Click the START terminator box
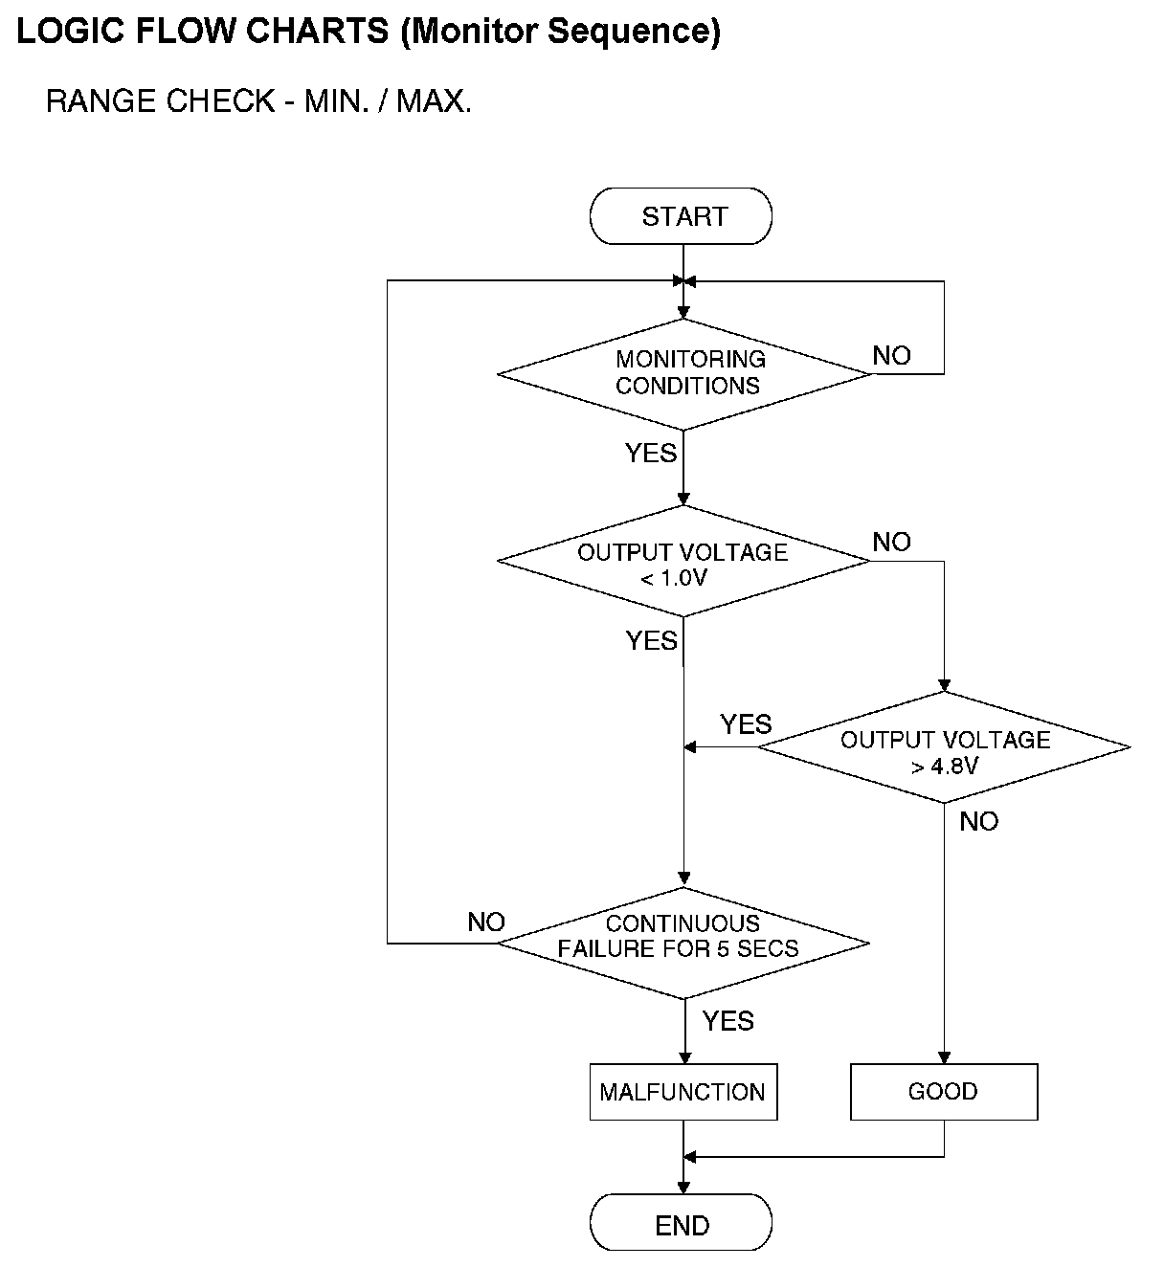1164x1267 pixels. pos(681,216)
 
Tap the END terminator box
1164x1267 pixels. pos(681,1224)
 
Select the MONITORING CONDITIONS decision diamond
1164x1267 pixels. pos(685,373)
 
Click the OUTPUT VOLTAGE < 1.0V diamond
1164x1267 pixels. pos(683,562)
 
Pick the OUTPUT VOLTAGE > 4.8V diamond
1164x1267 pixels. pos(944,748)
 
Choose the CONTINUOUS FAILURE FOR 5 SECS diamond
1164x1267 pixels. pos(683,942)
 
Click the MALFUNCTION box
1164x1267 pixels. pos(683,1092)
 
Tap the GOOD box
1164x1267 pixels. pos(944,1092)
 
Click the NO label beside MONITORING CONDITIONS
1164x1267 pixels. pos(891,356)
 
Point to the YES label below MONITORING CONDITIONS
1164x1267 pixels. pos(651,453)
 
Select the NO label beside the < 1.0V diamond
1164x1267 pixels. pos(891,543)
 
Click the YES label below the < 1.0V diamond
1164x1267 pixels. pos(652,640)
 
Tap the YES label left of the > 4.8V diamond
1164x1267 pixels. pos(746,724)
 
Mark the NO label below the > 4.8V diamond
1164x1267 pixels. pos(978,822)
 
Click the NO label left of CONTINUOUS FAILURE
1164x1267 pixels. pos(486,922)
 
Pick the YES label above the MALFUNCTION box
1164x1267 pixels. pos(728,1022)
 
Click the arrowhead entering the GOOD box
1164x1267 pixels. pos(944,1057)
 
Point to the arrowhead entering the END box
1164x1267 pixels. pos(683,1187)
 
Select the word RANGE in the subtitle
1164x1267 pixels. pos(101,101)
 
